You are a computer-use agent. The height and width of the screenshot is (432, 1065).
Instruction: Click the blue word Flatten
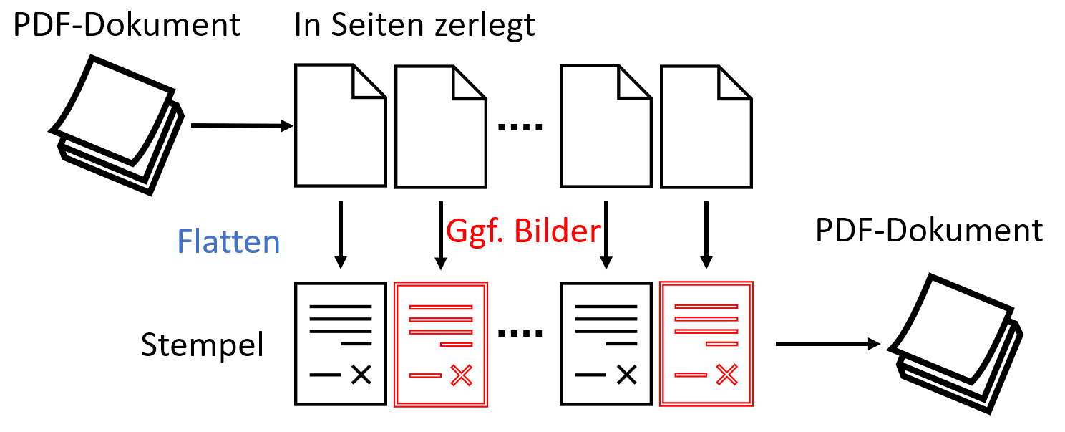coord(228,241)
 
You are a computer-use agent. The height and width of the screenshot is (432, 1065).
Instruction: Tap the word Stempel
coord(202,345)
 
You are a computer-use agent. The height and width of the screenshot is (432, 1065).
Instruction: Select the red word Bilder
coord(558,231)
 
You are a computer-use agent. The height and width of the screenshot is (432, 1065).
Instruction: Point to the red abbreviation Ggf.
coord(475,232)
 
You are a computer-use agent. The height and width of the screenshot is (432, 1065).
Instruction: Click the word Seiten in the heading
coord(377,24)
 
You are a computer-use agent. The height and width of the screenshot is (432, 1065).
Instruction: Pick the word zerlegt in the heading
coord(485,26)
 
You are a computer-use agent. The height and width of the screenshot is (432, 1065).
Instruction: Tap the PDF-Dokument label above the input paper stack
coord(127,24)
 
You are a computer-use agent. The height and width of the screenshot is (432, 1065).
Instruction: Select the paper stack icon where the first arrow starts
coord(117,125)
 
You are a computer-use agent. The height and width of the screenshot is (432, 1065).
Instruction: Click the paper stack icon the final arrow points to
coord(955,343)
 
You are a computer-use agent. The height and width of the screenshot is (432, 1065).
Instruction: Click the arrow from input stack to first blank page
coord(242,125)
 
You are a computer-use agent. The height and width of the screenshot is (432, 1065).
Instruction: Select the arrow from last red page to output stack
coord(828,343)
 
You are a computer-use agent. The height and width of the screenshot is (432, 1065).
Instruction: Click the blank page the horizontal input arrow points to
coord(341,125)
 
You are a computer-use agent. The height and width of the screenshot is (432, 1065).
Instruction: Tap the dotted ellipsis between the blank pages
coord(520,127)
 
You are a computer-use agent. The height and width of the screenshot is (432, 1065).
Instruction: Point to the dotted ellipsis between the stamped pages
coord(520,334)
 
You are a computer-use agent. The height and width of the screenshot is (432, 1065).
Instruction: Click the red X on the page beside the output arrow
coord(727,375)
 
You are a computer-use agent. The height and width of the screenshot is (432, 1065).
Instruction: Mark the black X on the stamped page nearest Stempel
coord(361,375)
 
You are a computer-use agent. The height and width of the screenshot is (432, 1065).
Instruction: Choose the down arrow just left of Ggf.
coord(441,236)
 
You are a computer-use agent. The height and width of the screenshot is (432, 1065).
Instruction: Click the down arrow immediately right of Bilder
coord(606,235)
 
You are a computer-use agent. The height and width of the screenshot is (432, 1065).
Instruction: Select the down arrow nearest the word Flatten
coord(341,235)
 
